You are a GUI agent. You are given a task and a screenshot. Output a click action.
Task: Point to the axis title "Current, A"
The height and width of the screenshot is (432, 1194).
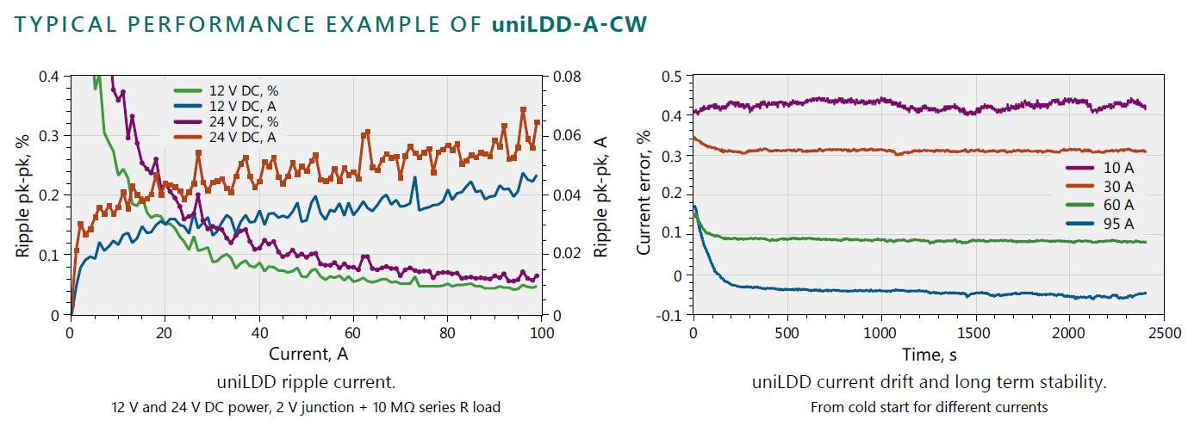[x=308, y=353]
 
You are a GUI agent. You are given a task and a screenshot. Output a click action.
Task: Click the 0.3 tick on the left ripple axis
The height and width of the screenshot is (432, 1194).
[x=50, y=136]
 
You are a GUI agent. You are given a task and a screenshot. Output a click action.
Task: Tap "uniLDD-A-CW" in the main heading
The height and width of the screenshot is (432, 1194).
[x=569, y=24]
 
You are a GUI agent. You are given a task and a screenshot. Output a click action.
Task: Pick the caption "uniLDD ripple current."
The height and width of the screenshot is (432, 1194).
[x=306, y=381]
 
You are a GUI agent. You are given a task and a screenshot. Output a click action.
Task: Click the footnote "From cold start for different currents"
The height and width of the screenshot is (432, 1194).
[x=929, y=406]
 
